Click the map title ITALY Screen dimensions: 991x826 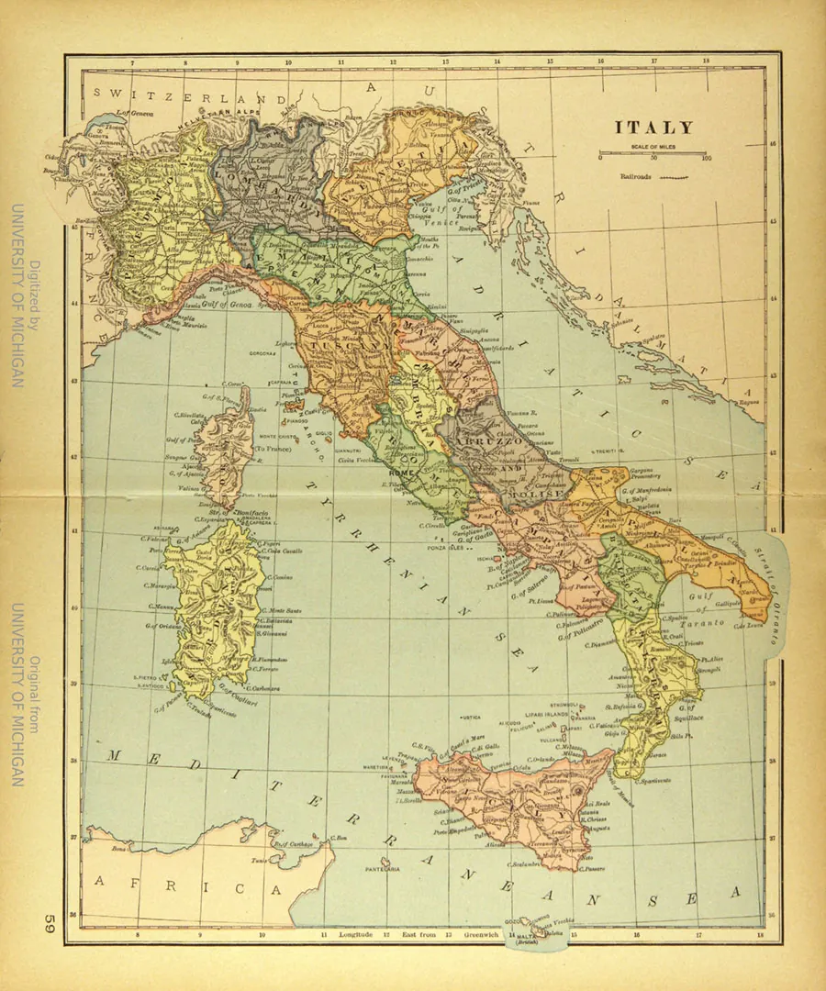(x=653, y=128)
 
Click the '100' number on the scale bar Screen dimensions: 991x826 (x=705, y=158)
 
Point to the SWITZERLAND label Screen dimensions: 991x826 (x=184, y=95)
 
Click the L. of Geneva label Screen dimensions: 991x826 (x=132, y=115)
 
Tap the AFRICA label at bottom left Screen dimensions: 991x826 (x=184, y=886)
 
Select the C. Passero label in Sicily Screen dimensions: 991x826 (x=592, y=867)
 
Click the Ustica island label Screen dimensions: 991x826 (x=471, y=718)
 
